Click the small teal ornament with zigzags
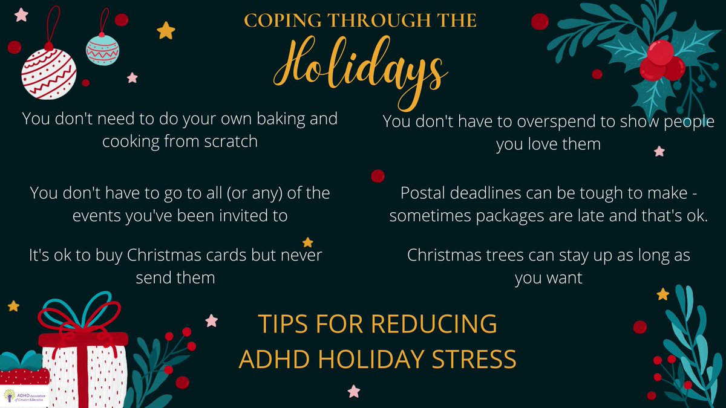[x=102, y=50]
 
